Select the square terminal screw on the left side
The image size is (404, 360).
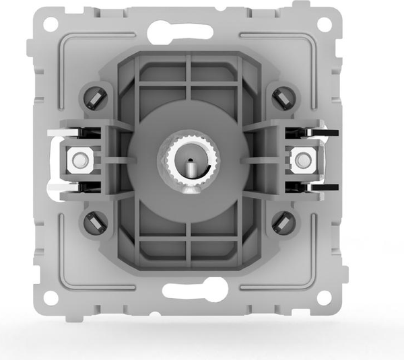[x=79, y=160]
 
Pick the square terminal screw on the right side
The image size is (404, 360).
[x=301, y=160]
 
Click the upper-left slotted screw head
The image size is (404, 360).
[x=95, y=98]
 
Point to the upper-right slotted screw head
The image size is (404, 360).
[x=284, y=98]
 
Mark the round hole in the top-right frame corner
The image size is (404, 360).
[x=325, y=24]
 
